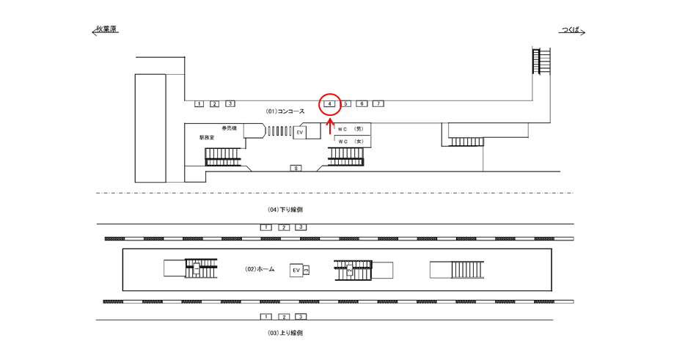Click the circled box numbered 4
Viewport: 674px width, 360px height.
point(330,104)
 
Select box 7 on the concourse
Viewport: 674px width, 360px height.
point(378,104)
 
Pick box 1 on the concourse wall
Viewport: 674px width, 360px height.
point(199,104)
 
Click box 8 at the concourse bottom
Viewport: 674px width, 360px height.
point(296,169)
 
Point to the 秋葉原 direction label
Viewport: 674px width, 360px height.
point(105,30)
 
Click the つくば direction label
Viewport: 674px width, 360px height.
point(571,30)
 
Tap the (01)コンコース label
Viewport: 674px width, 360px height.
point(285,111)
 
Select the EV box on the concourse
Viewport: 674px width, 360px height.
point(300,133)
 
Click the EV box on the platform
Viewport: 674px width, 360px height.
point(296,271)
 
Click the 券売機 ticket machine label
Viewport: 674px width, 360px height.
point(229,128)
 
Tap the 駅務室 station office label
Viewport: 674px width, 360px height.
point(208,137)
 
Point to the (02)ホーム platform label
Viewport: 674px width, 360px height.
point(260,270)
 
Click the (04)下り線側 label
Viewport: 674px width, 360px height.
point(285,210)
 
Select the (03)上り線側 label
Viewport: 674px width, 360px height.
point(285,333)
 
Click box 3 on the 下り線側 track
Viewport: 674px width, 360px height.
point(300,227)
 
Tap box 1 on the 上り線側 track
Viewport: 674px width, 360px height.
point(265,317)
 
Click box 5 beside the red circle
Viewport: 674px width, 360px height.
point(347,104)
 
